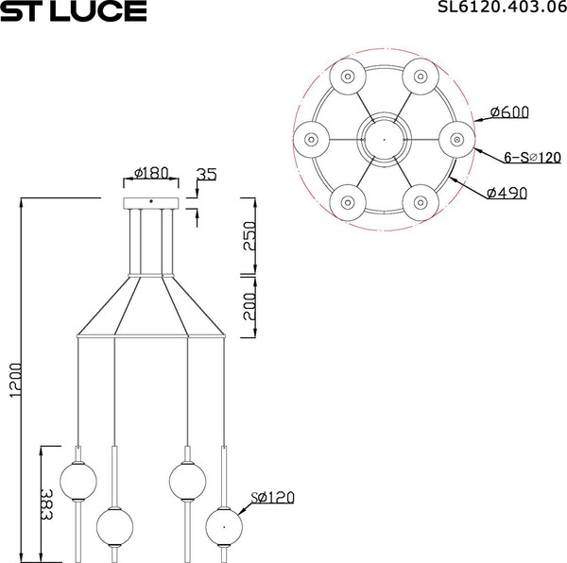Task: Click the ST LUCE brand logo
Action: point(74,11)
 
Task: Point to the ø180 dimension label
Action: point(151,173)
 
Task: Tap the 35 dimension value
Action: point(206,175)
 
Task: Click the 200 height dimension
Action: point(249,305)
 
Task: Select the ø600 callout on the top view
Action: point(508,112)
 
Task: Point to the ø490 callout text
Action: point(507,194)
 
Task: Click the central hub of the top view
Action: point(384,139)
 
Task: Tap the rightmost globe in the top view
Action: point(457,139)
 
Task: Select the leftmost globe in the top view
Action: point(311,139)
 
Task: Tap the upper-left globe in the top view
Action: point(347,76)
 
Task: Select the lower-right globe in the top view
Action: point(421,201)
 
